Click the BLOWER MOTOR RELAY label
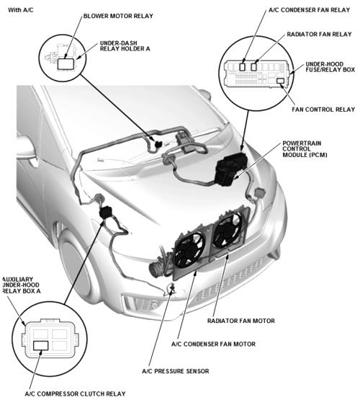pos(118,16)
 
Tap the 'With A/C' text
pos(21,10)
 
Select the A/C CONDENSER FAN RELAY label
pos(310,10)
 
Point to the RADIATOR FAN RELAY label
pos(319,34)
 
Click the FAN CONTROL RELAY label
pos(323,110)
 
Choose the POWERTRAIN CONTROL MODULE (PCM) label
pos(305,149)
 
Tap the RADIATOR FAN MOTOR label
pos(241,321)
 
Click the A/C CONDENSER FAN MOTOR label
pos(214,344)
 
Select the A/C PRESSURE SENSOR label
pos(176,371)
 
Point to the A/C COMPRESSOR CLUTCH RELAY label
pos(75,394)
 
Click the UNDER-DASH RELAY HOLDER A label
pos(125,46)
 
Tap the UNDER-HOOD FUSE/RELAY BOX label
pos(330,67)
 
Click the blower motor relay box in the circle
pos(66,63)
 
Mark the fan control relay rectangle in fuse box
pos(281,81)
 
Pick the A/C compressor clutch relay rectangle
pos(41,345)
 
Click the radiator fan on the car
pos(228,231)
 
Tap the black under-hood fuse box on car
pos(232,168)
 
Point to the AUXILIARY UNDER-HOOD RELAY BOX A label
pos(22,285)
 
